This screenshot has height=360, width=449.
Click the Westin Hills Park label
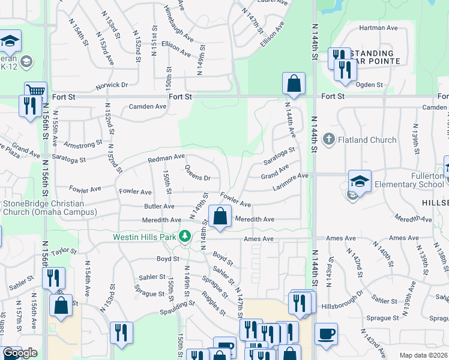[x=145, y=237]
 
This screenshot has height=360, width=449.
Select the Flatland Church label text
[x=367, y=140]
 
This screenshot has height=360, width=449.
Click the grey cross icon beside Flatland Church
[x=328, y=140]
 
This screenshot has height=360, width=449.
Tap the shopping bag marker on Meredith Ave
[x=220, y=217]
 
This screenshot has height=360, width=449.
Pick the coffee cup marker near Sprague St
[x=326, y=334]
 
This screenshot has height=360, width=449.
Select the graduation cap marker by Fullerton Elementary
[x=360, y=181]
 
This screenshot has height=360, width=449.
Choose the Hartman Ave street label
[x=379, y=28]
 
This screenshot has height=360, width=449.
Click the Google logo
[x=20, y=353]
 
